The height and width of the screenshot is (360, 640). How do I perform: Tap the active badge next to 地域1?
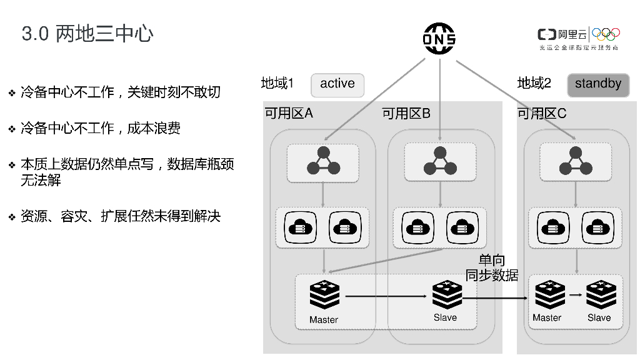[337, 84]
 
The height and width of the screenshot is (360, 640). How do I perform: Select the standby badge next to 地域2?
[597, 84]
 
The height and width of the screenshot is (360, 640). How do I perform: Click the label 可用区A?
[289, 113]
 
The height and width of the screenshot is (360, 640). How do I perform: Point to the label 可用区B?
[406, 113]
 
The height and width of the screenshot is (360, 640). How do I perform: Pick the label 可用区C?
[542, 113]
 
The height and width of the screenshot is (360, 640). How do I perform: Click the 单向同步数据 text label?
[491, 267]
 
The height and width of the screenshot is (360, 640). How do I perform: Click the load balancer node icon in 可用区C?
[576, 161]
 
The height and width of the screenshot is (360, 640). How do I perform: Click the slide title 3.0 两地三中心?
[87, 34]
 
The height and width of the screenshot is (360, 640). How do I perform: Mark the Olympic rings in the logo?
[606, 34]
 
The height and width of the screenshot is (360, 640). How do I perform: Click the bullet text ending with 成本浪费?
[100, 128]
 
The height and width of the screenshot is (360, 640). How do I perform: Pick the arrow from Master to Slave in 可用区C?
[575, 294]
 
